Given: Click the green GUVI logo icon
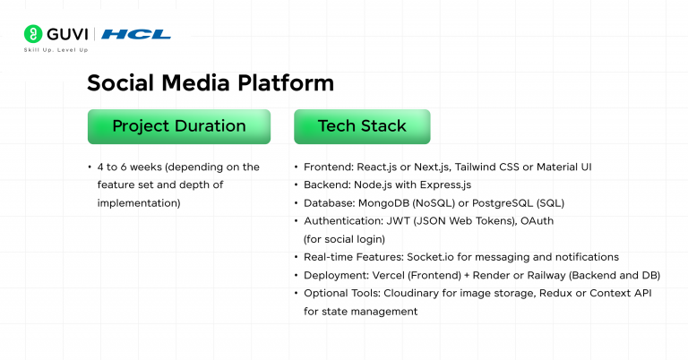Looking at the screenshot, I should (33, 34).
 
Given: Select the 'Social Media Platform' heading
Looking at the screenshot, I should (210, 83).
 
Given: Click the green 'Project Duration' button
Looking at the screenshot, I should (178, 126).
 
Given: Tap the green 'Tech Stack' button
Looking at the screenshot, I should (362, 126).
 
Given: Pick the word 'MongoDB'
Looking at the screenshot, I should (392, 203).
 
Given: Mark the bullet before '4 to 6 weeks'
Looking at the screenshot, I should (90, 167).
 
